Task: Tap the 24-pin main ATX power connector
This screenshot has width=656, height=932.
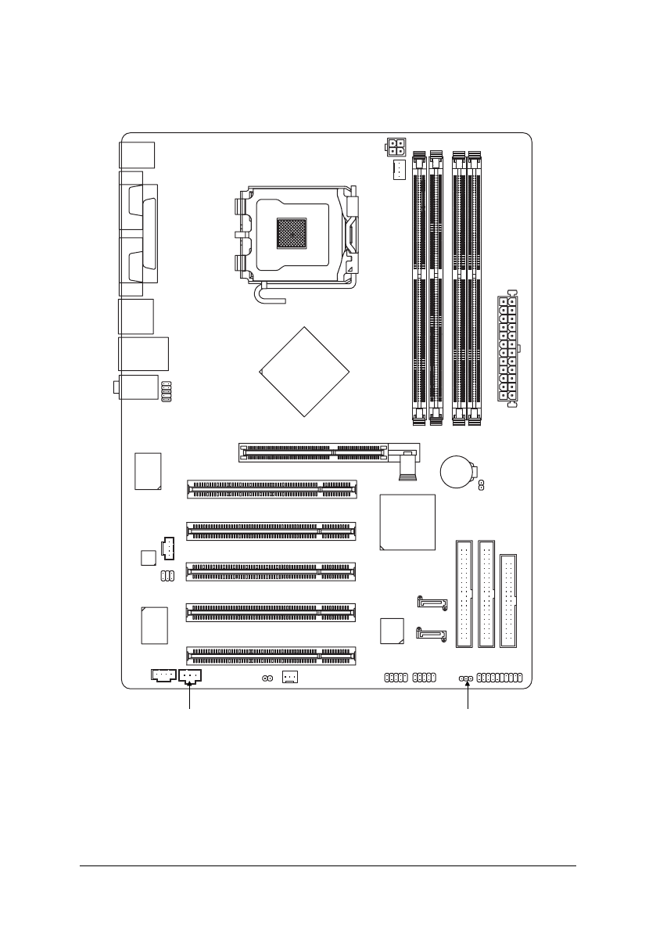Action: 508,351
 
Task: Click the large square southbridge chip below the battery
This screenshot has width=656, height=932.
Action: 407,522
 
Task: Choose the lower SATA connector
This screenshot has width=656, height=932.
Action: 432,635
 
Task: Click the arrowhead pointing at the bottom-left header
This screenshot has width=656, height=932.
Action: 190,686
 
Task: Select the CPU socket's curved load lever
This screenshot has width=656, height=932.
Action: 266,297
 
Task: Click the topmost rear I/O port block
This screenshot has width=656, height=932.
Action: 138,153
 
